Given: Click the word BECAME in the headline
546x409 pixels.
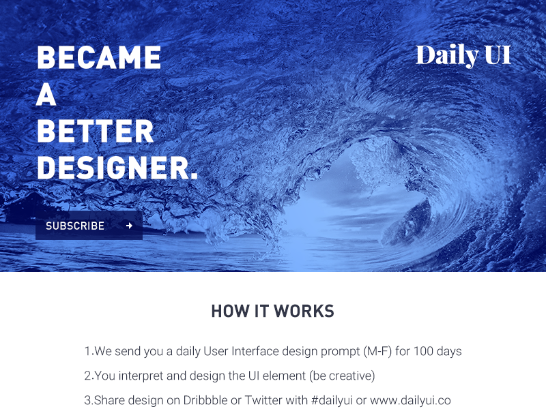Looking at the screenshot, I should pyautogui.click(x=99, y=58).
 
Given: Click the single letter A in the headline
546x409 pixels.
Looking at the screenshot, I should pyautogui.click(x=46, y=95).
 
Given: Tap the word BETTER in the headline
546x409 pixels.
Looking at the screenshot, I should pyautogui.click(x=96, y=132).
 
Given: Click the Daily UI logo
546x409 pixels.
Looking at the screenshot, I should pyautogui.click(x=463, y=55).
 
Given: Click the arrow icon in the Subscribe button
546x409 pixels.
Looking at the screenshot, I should pyautogui.click(x=129, y=226).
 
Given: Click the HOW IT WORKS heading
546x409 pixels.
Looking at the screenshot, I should pyautogui.click(x=272, y=312).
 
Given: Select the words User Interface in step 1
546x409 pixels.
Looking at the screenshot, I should pyautogui.click(x=239, y=352).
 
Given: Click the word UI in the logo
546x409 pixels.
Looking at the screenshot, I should pyautogui.click(x=498, y=55).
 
